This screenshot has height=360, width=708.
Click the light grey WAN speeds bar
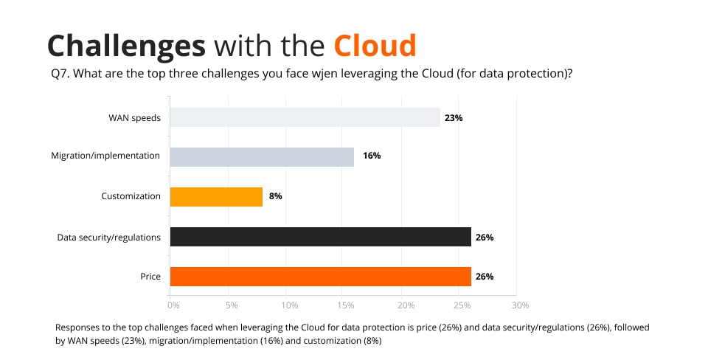305,117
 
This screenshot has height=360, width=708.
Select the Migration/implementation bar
262,157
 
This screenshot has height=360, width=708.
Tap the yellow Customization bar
216,197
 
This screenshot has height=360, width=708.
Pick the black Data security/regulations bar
320,237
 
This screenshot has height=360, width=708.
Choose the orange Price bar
320,277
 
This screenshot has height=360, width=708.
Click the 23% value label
453,117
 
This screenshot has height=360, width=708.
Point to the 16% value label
371,157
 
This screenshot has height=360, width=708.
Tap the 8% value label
276,197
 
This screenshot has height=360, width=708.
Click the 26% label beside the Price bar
485,277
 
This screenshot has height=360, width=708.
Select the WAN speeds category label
134,117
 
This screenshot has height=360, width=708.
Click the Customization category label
131,197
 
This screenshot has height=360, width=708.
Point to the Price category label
150,277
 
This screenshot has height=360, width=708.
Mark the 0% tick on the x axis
173,305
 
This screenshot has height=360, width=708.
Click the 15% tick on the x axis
347,305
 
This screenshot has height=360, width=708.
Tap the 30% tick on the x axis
521,305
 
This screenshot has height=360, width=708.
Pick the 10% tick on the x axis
289,305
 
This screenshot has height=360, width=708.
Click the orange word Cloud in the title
375,45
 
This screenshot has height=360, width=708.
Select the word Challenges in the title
126,45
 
